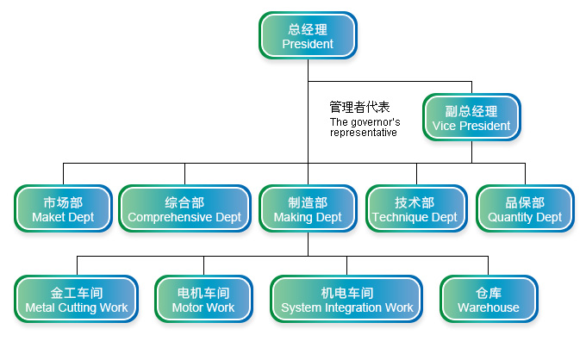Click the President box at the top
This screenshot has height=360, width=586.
pyautogui.click(x=308, y=36)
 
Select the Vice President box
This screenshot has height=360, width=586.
pyautogui.click(x=471, y=118)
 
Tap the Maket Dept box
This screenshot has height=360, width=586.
pyautogui.click(x=63, y=209)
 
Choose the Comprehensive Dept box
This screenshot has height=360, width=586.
pyautogui.click(x=184, y=209)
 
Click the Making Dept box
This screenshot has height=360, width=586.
pyautogui.click(x=308, y=209)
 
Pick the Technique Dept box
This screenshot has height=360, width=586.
pyautogui.click(x=415, y=209)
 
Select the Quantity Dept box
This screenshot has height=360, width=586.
pyautogui.click(x=525, y=209)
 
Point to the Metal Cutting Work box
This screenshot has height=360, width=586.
pyautogui.click(x=77, y=300)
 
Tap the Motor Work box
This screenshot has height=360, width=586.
pyautogui.click(x=203, y=300)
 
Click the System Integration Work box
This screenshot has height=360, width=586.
pyautogui.click(x=347, y=300)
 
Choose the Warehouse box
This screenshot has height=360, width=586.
pyautogui.click(x=489, y=300)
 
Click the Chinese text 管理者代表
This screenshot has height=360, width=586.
pyautogui.click(x=360, y=108)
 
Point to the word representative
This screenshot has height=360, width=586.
pyautogui.click(x=364, y=133)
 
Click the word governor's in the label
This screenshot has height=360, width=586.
pyautogui.click(x=377, y=122)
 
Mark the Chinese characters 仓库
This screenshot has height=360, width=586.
pyautogui.click(x=489, y=293)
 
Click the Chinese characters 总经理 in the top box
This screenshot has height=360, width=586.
pyautogui.click(x=308, y=29)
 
